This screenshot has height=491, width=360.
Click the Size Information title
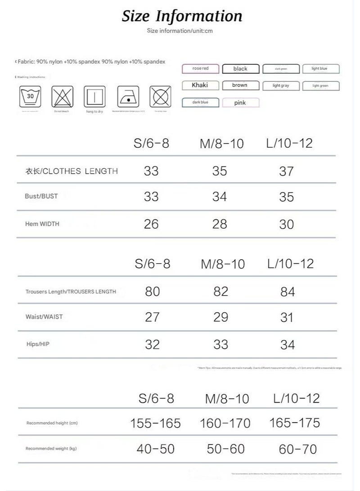click(182, 16)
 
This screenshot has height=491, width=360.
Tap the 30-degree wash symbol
click(31, 96)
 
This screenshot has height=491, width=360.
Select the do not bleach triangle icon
click(63, 96)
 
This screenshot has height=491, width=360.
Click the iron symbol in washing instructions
click(128, 96)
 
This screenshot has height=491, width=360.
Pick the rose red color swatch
click(201, 69)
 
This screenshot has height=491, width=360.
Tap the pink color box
click(240, 103)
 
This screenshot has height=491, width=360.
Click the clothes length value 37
click(287, 171)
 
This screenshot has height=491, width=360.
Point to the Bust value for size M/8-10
click(220, 197)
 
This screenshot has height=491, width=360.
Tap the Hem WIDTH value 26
click(151, 224)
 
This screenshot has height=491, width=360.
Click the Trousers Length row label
click(71, 292)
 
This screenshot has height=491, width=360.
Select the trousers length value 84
click(288, 292)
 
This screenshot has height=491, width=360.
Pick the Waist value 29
click(221, 317)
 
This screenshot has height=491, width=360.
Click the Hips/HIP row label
click(38, 344)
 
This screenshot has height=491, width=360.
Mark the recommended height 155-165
click(155, 423)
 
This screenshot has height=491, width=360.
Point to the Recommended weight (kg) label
click(51, 449)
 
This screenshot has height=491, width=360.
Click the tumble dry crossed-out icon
click(160, 96)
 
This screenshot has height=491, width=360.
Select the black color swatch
click(240, 69)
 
